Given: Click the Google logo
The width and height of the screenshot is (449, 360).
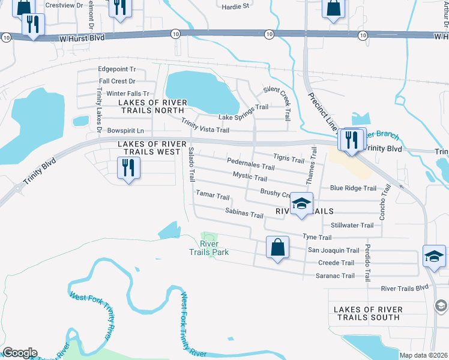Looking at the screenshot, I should click(x=20, y=353).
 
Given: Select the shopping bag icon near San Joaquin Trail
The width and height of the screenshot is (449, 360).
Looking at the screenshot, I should click(x=277, y=248).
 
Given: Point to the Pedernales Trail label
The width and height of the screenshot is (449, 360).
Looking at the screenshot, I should click(x=251, y=164).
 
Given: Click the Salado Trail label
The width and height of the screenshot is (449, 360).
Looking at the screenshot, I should click(x=191, y=164).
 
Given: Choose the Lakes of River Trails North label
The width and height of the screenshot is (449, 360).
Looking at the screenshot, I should click(x=151, y=106).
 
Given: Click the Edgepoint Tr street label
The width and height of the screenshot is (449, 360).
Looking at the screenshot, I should click(x=117, y=70).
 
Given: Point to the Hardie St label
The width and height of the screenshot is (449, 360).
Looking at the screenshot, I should click(x=235, y=7).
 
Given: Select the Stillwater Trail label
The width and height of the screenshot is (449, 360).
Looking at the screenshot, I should click(x=352, y=226).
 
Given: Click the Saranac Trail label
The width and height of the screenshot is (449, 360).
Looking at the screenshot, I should click(x=336, y=276).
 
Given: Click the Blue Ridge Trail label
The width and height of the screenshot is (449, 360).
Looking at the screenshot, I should click(x=353, y=188).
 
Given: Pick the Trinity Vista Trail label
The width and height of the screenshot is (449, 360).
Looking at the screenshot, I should click(x=205, y=129).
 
